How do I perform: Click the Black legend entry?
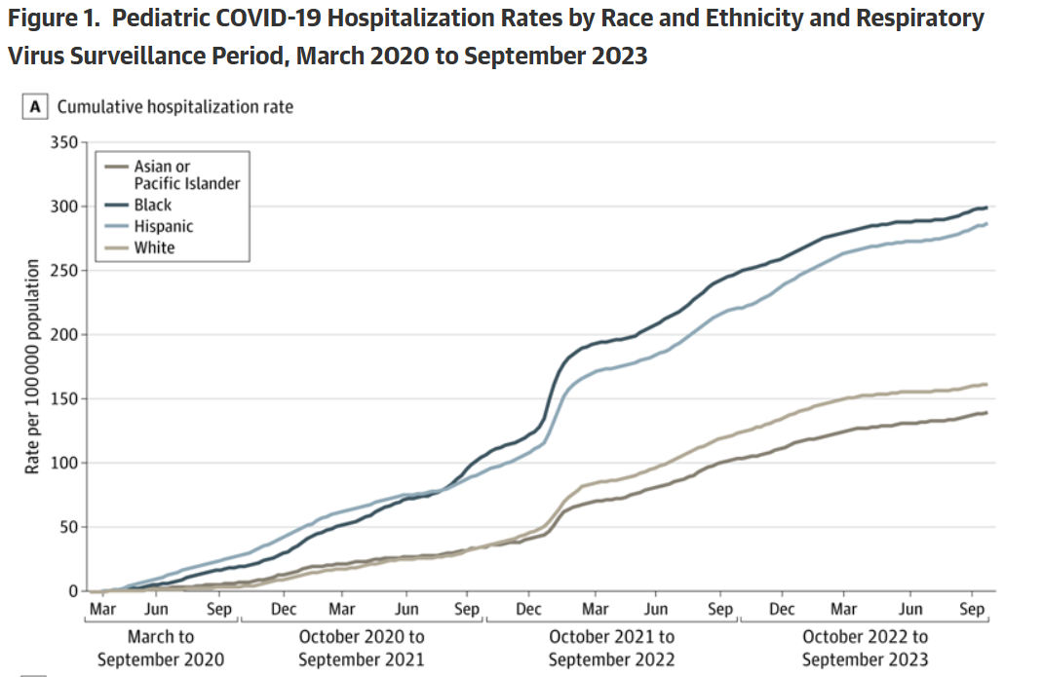[x=152, y=205]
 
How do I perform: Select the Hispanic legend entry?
[x=163, y=226]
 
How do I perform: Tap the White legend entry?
[x=154, y=247]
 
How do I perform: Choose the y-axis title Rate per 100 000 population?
[x=32, y=367]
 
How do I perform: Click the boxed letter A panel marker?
[x=35, y=107]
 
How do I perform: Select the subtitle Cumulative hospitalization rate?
[x=175, y=107]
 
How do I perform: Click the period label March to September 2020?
[x=160, y=649]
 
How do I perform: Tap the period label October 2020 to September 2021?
[x=362, y=649]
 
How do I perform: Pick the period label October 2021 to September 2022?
[x=611, y=649]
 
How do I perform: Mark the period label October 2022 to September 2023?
[x=865, y=649]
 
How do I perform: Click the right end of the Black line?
[x=986, y=207]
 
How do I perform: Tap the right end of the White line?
[x=986, y=384]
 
